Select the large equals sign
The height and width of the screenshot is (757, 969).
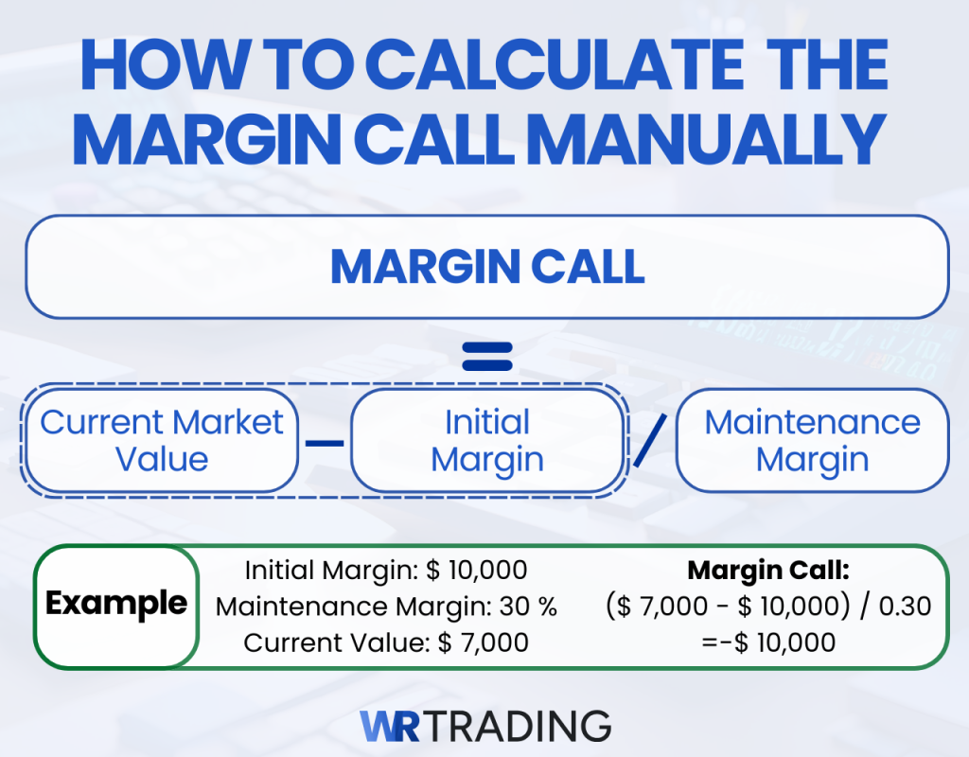(x=486, y=357)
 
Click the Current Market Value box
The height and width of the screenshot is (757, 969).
(x=162, y=440)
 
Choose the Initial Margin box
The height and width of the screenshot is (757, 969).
(x=486, y=440)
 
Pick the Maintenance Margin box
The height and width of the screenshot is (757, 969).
(x=812, y=440)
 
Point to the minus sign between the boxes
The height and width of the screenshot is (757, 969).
(x=324, y=442)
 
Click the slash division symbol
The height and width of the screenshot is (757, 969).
(x=650, y=441)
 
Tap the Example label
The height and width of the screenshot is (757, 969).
(x=116, y=604)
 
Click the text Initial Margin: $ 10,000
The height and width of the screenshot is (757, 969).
(x=385, y=571)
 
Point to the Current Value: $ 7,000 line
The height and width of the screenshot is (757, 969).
(x=385, y=643)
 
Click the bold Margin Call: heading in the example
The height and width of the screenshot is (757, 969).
(x=767, y=571)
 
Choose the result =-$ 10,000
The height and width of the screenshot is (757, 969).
(x=767, y=643)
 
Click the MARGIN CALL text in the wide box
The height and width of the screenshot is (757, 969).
(x=486, y=268)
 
